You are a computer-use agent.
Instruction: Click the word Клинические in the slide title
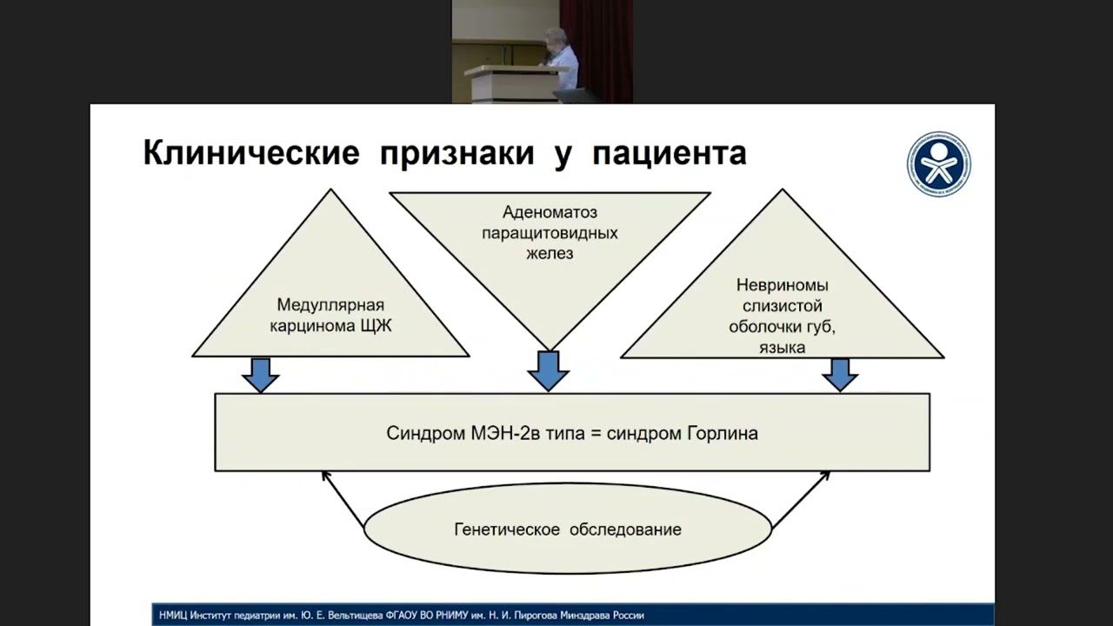[x=250, y=154]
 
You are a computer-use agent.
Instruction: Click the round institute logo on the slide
[x=939, y=164]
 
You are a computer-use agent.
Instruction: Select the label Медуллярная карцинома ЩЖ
[x=330, y=316]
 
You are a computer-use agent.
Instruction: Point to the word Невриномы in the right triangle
[x=782, y=284]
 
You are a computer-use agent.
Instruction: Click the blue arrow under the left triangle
[x=260, y=375]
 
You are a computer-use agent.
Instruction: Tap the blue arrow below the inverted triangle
[x=548, y=371]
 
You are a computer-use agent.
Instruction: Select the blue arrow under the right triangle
[x=840, y=375]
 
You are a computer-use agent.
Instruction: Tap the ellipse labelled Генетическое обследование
[x=568, y=529]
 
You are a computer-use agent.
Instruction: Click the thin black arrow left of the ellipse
[x=343, y=499]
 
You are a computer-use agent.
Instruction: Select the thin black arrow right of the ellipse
[x=801, y=499]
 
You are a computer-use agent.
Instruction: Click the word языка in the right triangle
[x=781, y=348]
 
